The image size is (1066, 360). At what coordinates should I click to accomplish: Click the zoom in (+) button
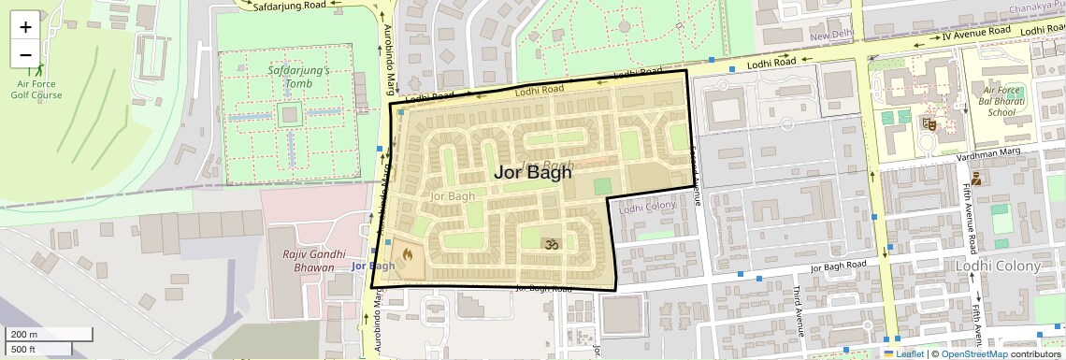(x=25, y=26)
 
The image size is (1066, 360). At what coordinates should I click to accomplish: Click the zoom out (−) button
(x=25, y=55)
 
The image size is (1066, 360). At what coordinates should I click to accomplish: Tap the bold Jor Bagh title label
(x=532, y=172)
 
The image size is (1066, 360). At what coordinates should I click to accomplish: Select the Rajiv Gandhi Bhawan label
(x=309, y=261)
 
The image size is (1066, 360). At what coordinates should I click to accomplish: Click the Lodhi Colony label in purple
(x=647, y=206)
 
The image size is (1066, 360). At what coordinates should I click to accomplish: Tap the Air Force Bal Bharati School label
(x=1001, y=100)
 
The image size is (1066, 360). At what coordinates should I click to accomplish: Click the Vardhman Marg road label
(x=982, y=158)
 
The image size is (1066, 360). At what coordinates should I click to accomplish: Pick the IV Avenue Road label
(x=976, y=34)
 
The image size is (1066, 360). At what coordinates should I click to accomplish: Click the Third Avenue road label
(x=800, y=310)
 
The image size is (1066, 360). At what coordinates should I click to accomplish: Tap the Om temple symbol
(x=551, y=243)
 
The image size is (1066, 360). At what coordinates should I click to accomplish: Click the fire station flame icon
(x=408, y=252)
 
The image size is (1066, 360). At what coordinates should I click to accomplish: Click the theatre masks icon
(x=929, y=122)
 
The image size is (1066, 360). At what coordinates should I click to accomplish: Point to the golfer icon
(x=38, y=67)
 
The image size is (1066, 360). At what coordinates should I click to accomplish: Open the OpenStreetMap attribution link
(x=974, y=353)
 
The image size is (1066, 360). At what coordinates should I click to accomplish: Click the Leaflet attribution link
(x=904, y=353)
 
